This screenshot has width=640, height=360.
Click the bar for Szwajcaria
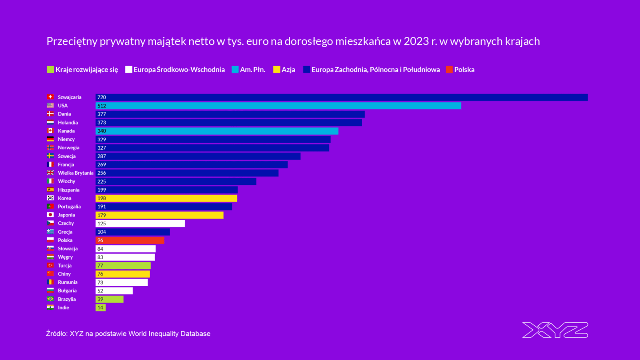coord(341,97)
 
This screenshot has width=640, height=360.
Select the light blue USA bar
coord(278,106)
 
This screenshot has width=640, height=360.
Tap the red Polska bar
coord(130,240)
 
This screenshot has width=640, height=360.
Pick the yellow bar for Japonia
coord(159,215)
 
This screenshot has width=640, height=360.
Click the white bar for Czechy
coord(140,224)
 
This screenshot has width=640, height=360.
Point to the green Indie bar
coord(100,308)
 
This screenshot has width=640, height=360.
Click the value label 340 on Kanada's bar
coord(102,131)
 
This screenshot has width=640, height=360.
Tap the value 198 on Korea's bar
coord(102,198)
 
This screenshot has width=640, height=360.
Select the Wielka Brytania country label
coord(76,173)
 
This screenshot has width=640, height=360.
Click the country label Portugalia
coord(69,207)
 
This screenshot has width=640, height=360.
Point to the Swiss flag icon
coord(50,97)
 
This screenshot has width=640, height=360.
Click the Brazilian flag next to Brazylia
coord(50,299)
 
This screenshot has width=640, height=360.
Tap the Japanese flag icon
coord(50,215)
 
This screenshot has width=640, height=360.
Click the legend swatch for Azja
coord(276,69)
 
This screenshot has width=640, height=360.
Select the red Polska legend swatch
coord(449,69)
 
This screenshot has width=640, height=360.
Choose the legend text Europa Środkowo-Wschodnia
coord(179,69)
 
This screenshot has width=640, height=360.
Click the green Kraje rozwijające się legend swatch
coord(50,69)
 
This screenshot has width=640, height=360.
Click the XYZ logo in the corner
coord(555,330)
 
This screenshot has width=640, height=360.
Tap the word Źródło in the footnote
coord(57,333)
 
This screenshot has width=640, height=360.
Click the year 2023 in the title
coord(415,41)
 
